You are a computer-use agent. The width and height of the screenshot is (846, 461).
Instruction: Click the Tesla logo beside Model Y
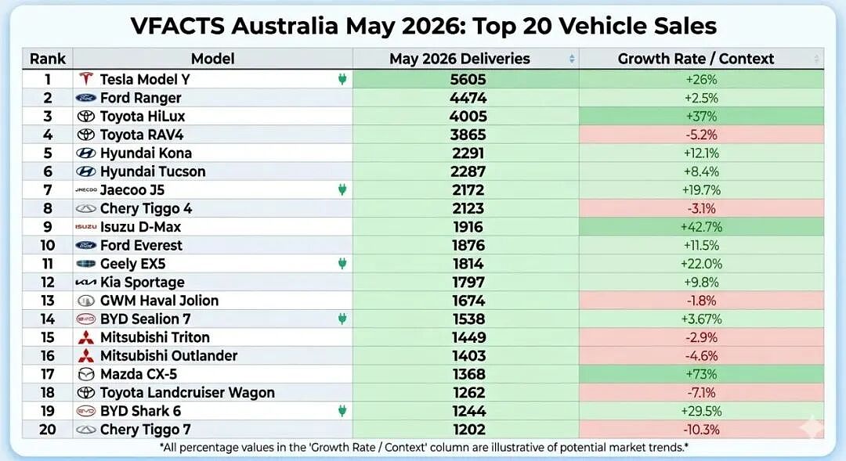(x=86, y=79)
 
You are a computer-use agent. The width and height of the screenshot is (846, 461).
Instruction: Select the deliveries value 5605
(x=468, y=79)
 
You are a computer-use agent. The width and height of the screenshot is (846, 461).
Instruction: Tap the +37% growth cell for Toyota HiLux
(x=701, y=116)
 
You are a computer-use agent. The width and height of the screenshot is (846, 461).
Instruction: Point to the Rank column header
(x=48, y=58)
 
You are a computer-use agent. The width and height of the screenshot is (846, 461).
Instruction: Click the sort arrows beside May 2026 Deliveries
(x=572, y=59)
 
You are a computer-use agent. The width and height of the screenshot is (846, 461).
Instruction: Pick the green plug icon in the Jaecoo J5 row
(x=342, y=189)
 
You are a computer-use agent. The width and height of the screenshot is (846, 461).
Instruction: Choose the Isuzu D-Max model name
(x=140, y=227)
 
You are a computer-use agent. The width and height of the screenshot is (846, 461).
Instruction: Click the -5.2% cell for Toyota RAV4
(x=701, y=135)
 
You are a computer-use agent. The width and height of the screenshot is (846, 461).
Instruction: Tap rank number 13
(x=48, y=301)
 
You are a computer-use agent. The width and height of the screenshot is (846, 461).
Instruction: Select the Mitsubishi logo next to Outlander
(x=86, y=355)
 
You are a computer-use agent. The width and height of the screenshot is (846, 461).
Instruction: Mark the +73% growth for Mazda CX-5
(x=701, y=374)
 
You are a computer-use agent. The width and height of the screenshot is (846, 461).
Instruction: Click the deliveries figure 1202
(x=468, y=429)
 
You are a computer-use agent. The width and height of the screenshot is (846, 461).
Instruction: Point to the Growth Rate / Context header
(x=696, y=58)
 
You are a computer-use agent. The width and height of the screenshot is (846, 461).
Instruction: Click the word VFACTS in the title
(x=177, y=25)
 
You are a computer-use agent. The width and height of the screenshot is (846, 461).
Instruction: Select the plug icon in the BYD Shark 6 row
(x=342, y=411)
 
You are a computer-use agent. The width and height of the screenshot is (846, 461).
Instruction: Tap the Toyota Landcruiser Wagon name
(x=187, y=393)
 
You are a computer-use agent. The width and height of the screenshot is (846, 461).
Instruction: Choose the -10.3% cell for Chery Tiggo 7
(x=701, y=429)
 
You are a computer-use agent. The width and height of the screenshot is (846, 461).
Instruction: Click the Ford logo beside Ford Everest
(x=86, y=245)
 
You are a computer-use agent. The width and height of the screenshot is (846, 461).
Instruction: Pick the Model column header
(x=212, y=58)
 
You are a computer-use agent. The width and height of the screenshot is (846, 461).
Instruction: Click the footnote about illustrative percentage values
(x=424, y=447)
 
